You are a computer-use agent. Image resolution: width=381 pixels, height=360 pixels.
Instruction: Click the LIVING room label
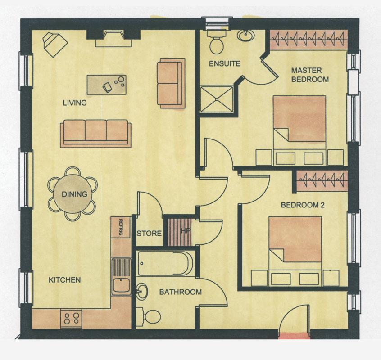click(75, 103)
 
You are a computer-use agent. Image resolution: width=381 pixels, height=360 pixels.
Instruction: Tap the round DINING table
click(73, 193)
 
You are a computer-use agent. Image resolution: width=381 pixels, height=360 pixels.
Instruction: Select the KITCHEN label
click(65, 280)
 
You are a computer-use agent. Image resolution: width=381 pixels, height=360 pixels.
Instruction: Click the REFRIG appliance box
click(121, 227)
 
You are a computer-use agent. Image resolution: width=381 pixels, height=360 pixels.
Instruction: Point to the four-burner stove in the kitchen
click(71, 318)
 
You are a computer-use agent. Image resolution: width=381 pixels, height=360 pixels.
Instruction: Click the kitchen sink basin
click(121, 285)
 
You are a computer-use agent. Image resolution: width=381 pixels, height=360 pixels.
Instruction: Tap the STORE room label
click(149, 234)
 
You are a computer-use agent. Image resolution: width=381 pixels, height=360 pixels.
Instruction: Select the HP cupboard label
click(186, 230)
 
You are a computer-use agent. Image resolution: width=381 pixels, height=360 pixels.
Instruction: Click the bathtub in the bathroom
click(165, 264)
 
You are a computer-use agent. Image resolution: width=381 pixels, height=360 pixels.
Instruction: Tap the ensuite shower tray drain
click(216, 99)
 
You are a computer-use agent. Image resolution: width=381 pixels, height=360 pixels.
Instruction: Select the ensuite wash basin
click(246, 36)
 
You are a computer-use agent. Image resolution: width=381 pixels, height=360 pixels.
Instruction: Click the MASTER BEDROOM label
click(310, 75)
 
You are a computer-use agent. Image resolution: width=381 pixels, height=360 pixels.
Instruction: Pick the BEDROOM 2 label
click(303, 205)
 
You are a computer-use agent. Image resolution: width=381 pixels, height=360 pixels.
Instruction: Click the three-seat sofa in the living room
click(96, 134)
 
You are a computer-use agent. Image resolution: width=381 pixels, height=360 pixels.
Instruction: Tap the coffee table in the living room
click(107, 85)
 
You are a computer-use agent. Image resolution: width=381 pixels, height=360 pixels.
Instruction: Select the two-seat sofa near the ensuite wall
click(171, 83)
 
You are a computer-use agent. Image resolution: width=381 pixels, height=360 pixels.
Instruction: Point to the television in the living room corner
click(54, 44)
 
